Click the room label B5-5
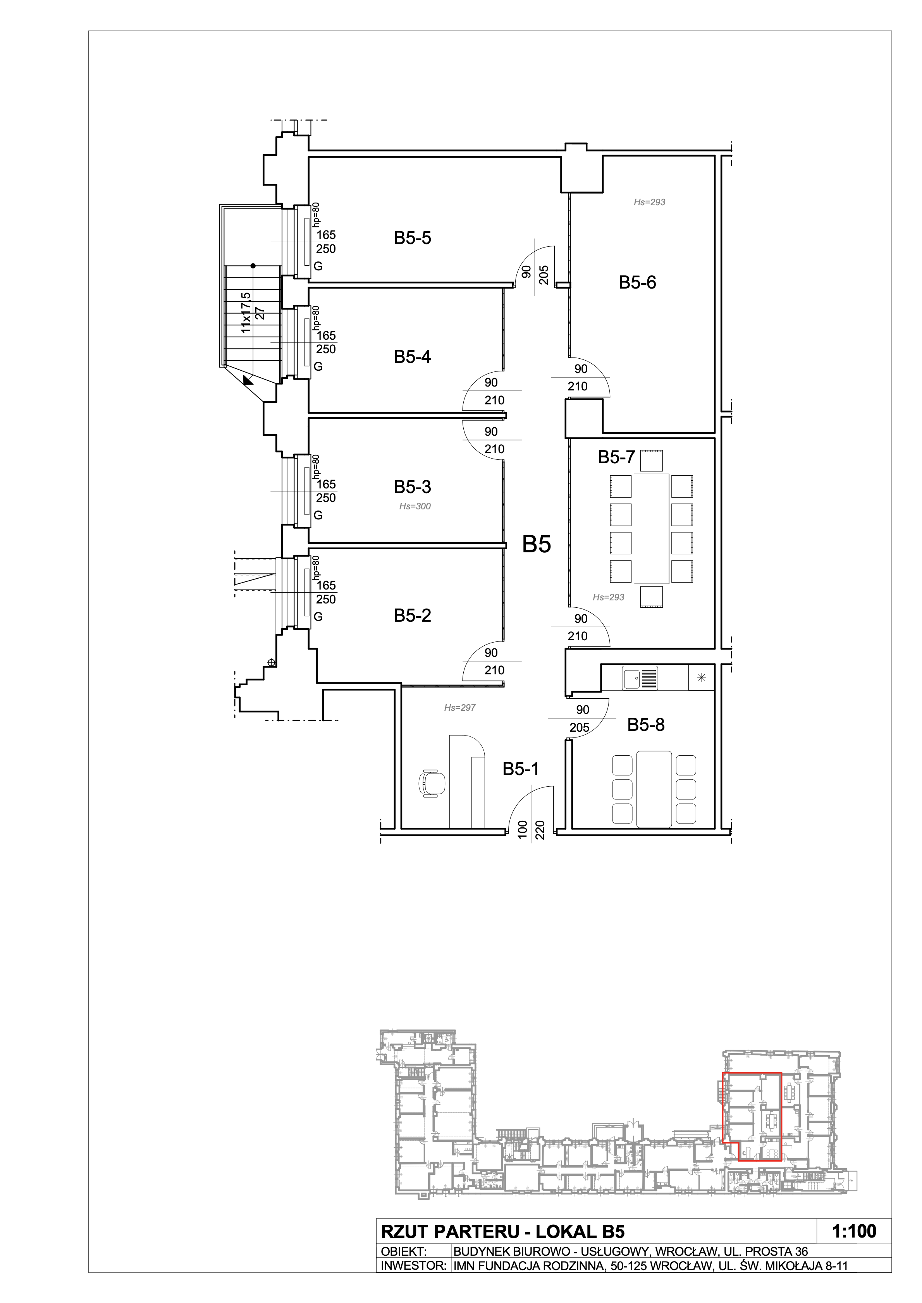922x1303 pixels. [412, 238]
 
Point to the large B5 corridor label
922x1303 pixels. [537, 544]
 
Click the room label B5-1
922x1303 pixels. [521, 769]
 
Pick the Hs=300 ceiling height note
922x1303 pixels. [415, 506]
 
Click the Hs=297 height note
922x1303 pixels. [460, 708]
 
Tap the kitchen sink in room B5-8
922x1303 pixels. [640, 679]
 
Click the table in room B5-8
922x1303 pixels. [654, 789]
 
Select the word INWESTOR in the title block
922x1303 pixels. [413, 1265]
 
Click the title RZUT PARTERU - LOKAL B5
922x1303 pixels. [502, 1231]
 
